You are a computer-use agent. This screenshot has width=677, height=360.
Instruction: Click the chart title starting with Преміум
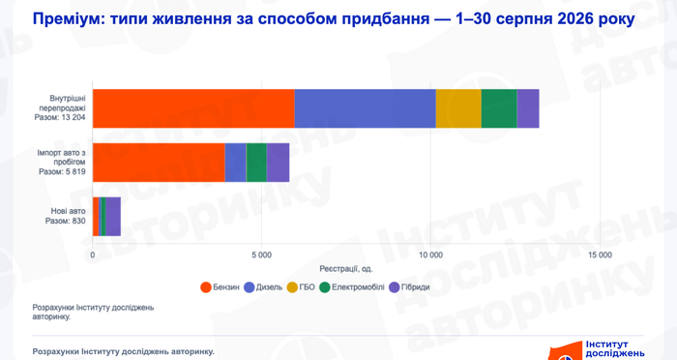pyautogui.click(x=334, y=19)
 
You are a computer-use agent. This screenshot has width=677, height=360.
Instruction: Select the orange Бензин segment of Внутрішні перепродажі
pyautogui.click(x=193, y=108)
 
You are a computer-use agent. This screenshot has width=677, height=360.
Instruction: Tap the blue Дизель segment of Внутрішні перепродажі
pyautogui.click(x=365, y=108)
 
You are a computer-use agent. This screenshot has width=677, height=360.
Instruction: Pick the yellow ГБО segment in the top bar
pyautogui.click(x=458, y=108)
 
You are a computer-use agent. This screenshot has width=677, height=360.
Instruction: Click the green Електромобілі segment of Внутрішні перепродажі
pyautogui.click(x=499, y=108)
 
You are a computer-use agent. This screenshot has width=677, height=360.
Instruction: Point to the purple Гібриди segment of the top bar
pyautogui.click(x=528, y=108)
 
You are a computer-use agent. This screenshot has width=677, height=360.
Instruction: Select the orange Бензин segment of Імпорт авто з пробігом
pyautogui.click(x=159, y=163)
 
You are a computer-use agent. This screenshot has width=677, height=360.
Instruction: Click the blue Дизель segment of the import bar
pyautogui.click(x=235, y=163)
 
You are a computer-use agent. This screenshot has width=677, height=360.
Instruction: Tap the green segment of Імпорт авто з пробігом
pyautogui.click(x=256, y=163)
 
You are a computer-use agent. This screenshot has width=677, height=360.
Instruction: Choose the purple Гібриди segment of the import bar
pyautogui.click(x=279, y=163)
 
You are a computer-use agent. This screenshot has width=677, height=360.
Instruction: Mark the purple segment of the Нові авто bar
pyautogui.click(x=113, y=217)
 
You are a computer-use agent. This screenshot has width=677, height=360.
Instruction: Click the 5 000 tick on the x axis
pyautogui.click(x=262, y=255)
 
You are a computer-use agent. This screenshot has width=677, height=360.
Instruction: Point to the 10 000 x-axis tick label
pyautogui.click(x=431, y=255)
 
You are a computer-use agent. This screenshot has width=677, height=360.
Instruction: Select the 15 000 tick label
pyautogui.click(x=601, y=255)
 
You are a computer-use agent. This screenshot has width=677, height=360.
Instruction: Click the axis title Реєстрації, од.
pyautogui.click(x=346, y=269)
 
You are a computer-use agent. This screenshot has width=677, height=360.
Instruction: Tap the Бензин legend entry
pyautogui.click(x=220, y=287)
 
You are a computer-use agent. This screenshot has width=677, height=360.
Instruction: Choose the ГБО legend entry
pyautogui.click(x=301, y=287)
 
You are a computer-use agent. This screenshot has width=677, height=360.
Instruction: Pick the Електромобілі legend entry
pyautogui.click(x=352, y=287)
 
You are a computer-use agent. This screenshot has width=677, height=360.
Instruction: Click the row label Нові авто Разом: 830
pyautogui.click(x=66, y=216)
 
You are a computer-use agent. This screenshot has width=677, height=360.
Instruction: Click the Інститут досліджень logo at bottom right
pyautogui.click(x=597, y=350)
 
